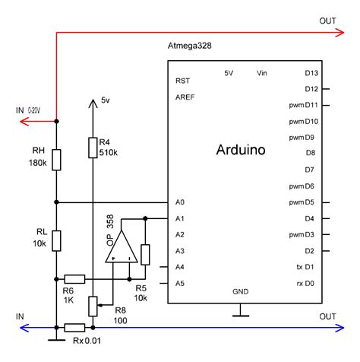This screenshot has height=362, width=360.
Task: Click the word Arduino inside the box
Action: click(241, 150)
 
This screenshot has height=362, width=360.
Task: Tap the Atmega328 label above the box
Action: click(189, 46)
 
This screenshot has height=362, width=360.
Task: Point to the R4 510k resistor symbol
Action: click(93, 146)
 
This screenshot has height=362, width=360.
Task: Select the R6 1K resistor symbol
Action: click(74, 278)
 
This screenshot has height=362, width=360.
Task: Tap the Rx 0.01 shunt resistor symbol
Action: click(74, 328)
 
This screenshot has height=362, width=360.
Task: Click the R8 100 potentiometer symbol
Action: click(93, 305)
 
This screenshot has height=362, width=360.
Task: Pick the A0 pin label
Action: click(180, 202)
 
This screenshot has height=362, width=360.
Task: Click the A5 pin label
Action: click(180, 284)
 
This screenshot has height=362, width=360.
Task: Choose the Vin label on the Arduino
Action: click(264, 73)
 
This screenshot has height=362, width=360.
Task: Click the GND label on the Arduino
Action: click(241, 292)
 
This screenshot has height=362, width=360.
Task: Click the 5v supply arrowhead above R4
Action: click(93, 104)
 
